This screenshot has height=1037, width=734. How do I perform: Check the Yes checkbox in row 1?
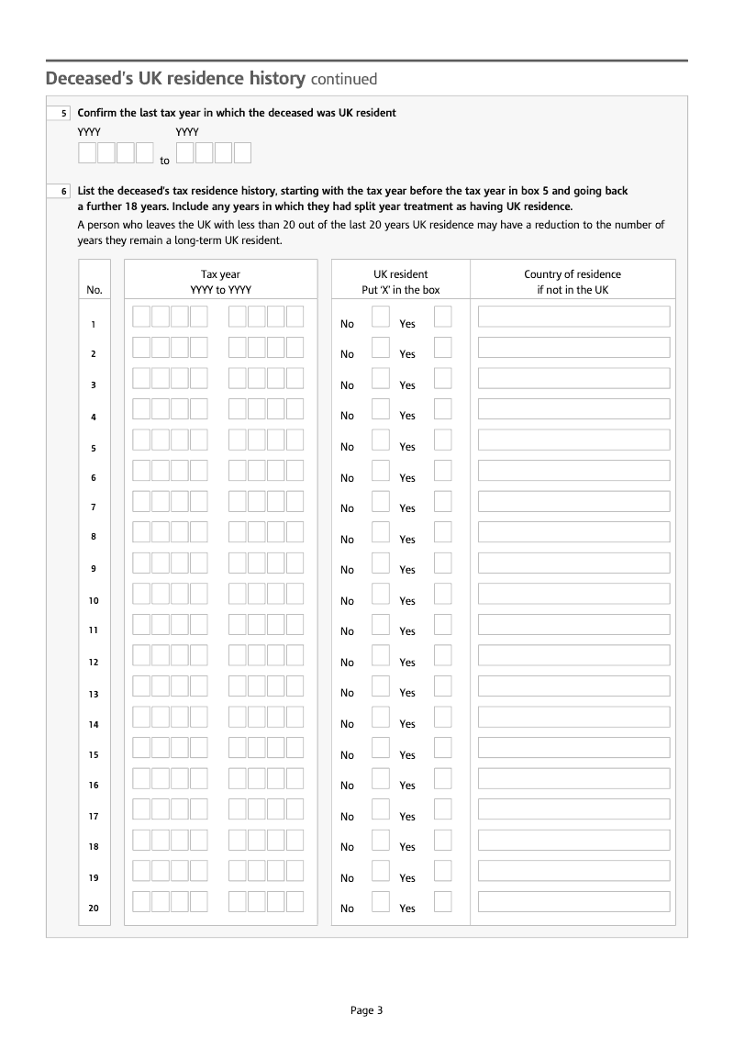coord(442,317)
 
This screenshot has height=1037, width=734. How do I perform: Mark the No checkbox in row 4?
coord(380,409)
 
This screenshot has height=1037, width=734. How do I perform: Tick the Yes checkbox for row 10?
coord(442,594)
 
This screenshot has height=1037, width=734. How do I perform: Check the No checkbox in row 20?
coord(380,901)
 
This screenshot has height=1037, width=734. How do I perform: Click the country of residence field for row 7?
coord(573,501)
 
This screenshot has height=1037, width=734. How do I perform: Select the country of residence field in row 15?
coord(573,747)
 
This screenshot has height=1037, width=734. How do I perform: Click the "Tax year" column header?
coord(220,274)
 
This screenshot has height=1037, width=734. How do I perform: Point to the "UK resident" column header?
coord(400,274)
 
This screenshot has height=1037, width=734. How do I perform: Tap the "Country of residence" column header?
coord(573,274)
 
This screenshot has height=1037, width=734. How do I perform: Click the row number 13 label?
coord(94,694)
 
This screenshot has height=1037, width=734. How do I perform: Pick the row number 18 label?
coord(94,847)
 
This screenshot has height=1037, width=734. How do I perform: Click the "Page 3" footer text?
coord(366,1010)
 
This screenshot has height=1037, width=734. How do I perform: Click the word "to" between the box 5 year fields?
coord(165,161)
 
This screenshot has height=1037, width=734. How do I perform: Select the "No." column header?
coord(94,290)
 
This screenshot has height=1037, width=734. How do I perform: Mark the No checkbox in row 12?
coord(380,655)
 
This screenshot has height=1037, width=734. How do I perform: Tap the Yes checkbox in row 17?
coord(442,809)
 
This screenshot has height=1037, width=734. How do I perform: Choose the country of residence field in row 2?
coord(573,347)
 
